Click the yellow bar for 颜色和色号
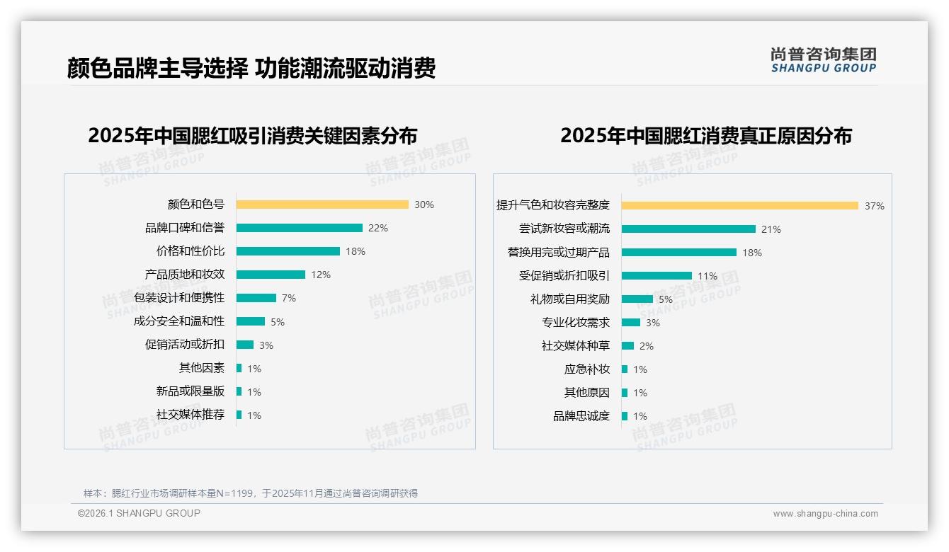(x=322, y=205)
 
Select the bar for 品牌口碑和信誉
(x=299, y=228)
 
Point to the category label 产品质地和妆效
(x=184, y=275)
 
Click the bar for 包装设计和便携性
(x=256, y=298)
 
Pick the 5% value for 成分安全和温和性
(x=278, y=322)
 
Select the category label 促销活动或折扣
(x=184, y=345)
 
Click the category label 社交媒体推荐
(x=190, y=415)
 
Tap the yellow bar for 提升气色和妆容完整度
(x=739, y=205)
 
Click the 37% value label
(x=875, y=206)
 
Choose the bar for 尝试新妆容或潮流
(x=688, y=229)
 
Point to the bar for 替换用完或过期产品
(x=678, y=252)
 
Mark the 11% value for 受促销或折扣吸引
(x=708, y=276)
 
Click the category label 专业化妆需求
(x=575, y=323)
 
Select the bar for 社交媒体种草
(x=627, y=345)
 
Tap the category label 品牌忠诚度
(x=581, y=416)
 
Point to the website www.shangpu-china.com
(x=825, y=514)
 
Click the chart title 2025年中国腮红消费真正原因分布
(x=705, y=135)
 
